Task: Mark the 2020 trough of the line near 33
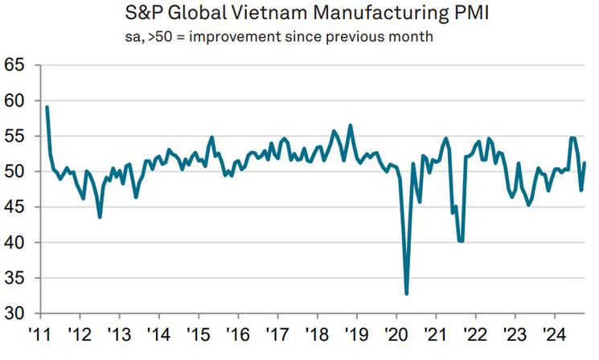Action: tap(407, 293)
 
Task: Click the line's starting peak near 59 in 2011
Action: tap(47, 107)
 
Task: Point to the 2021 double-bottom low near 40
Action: tap(461, 240)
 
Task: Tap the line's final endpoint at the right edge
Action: tap(585, 163)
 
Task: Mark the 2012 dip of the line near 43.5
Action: tap(100, 217)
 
